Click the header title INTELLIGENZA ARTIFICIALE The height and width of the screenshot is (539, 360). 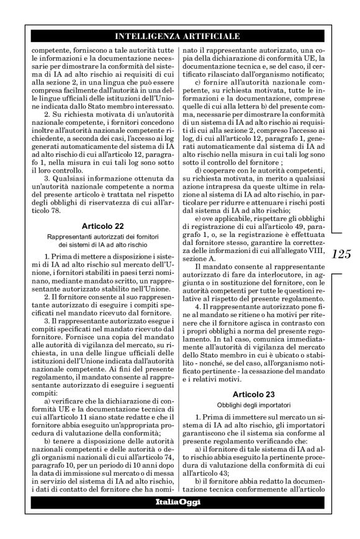tap(174, 36)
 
